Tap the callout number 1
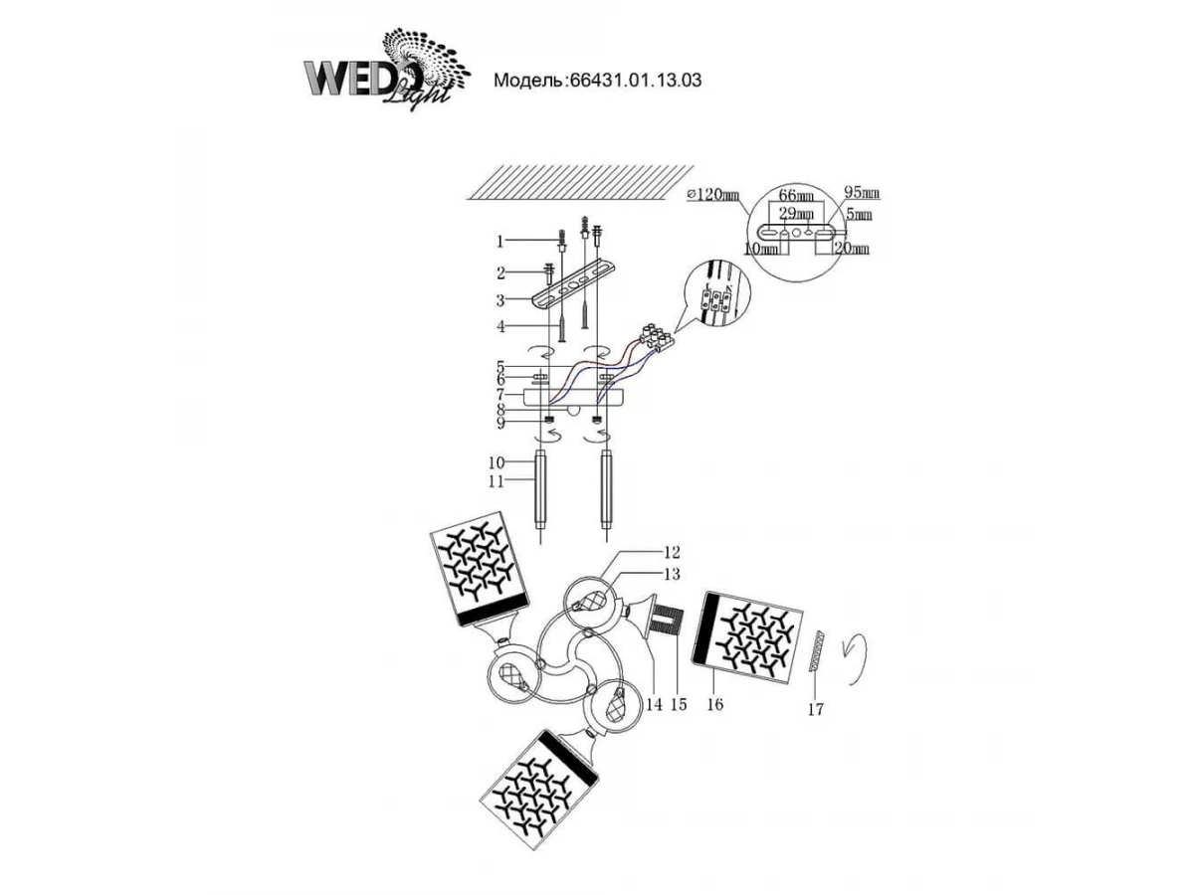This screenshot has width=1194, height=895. (502, 241)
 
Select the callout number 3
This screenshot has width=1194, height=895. (502, 299)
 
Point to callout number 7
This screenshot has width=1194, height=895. (502, 395)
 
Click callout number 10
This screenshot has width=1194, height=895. (497, 462)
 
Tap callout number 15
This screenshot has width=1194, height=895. (679, 704)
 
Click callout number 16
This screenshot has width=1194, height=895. (714, 704)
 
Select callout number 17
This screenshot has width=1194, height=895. (816, 709)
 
